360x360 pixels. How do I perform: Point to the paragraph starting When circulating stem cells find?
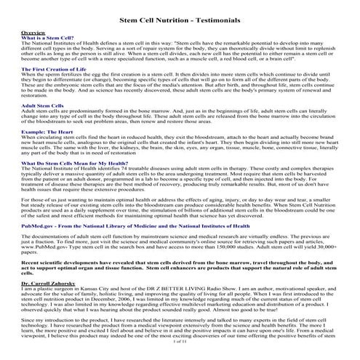click(180, 167)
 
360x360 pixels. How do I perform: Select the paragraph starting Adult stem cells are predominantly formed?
click(180, 137)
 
